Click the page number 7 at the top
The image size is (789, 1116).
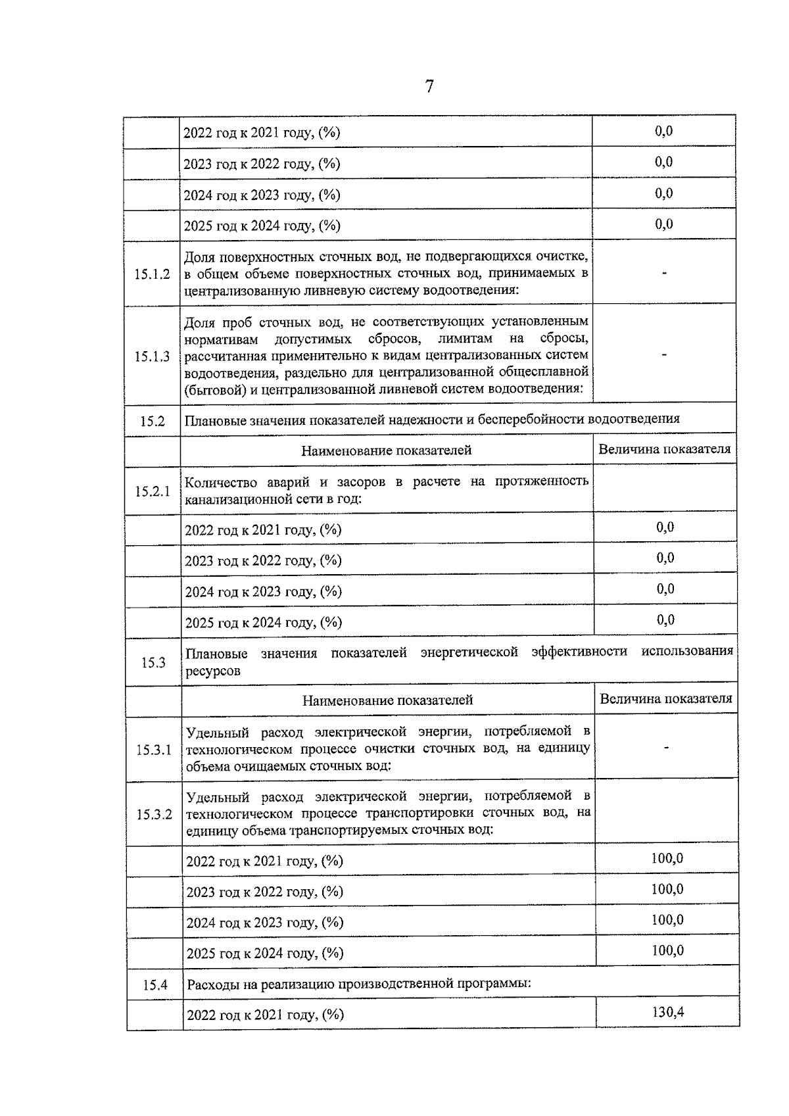pyautogui.click(x=429, y=87)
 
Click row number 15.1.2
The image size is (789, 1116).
pyautogui.click(x=152, y=274)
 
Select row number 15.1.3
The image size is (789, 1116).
pyautogui.click(x=152, y=356)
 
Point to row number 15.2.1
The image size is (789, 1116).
pyautogui.click(x=153, y=491)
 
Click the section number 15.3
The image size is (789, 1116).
pyautogui.click(x=153, y=662)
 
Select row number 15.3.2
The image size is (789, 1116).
pyautogui.click(x=154, y=814)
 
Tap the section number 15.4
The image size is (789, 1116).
pyautogui.click(x=155, y=985)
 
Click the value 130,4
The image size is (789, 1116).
pyautogui.click(x=667, y=1012)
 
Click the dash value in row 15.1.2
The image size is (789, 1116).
pyautogui.click(x=664, y=272)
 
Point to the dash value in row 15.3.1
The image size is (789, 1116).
pyautogui.click(x=667, y=747)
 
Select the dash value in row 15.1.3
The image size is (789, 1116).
pyautogui.click(x=664, y=355)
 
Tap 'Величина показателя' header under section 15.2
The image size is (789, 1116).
pyautogui.click(x=664, y=449)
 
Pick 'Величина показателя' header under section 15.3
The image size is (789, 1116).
pyautogui.click(x=665, y=699)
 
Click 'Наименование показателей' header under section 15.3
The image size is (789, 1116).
pyautogui.click(x=387, y=700)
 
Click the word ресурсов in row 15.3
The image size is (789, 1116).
pyautogui.click(x=213, y=671)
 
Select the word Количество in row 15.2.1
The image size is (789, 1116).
pyautogui.click(x=216, y=482)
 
